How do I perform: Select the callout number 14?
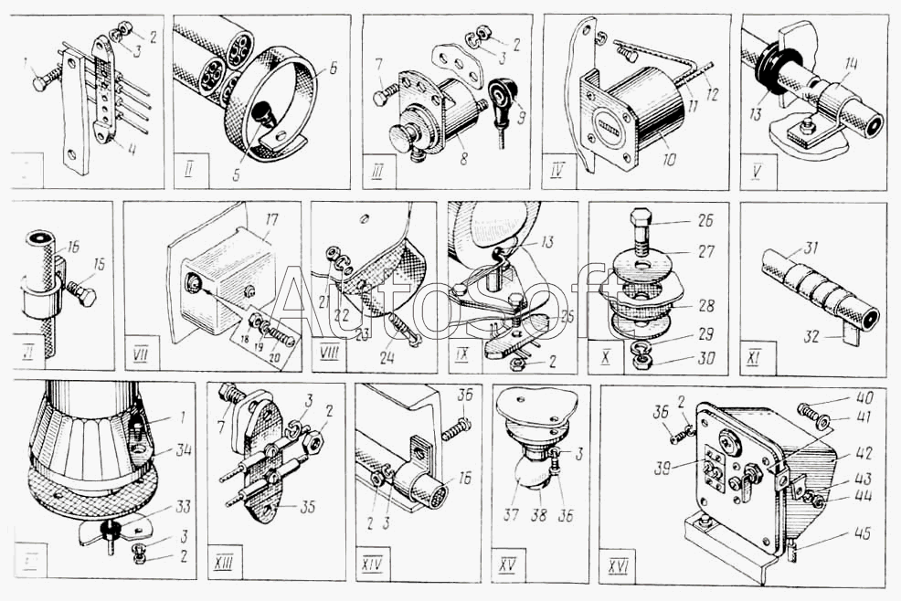(852, 64)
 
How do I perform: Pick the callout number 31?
(811, 246)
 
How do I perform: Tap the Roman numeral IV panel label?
(558, 170)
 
